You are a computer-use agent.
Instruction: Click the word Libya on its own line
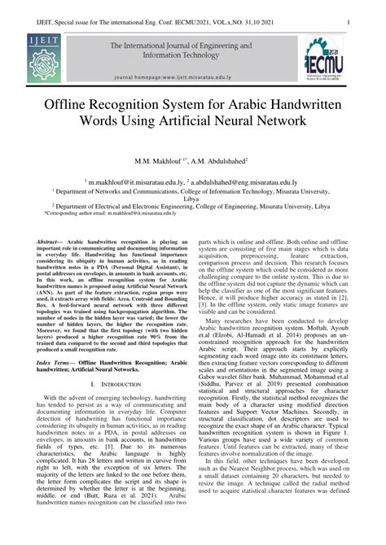(x=192, y=199)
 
